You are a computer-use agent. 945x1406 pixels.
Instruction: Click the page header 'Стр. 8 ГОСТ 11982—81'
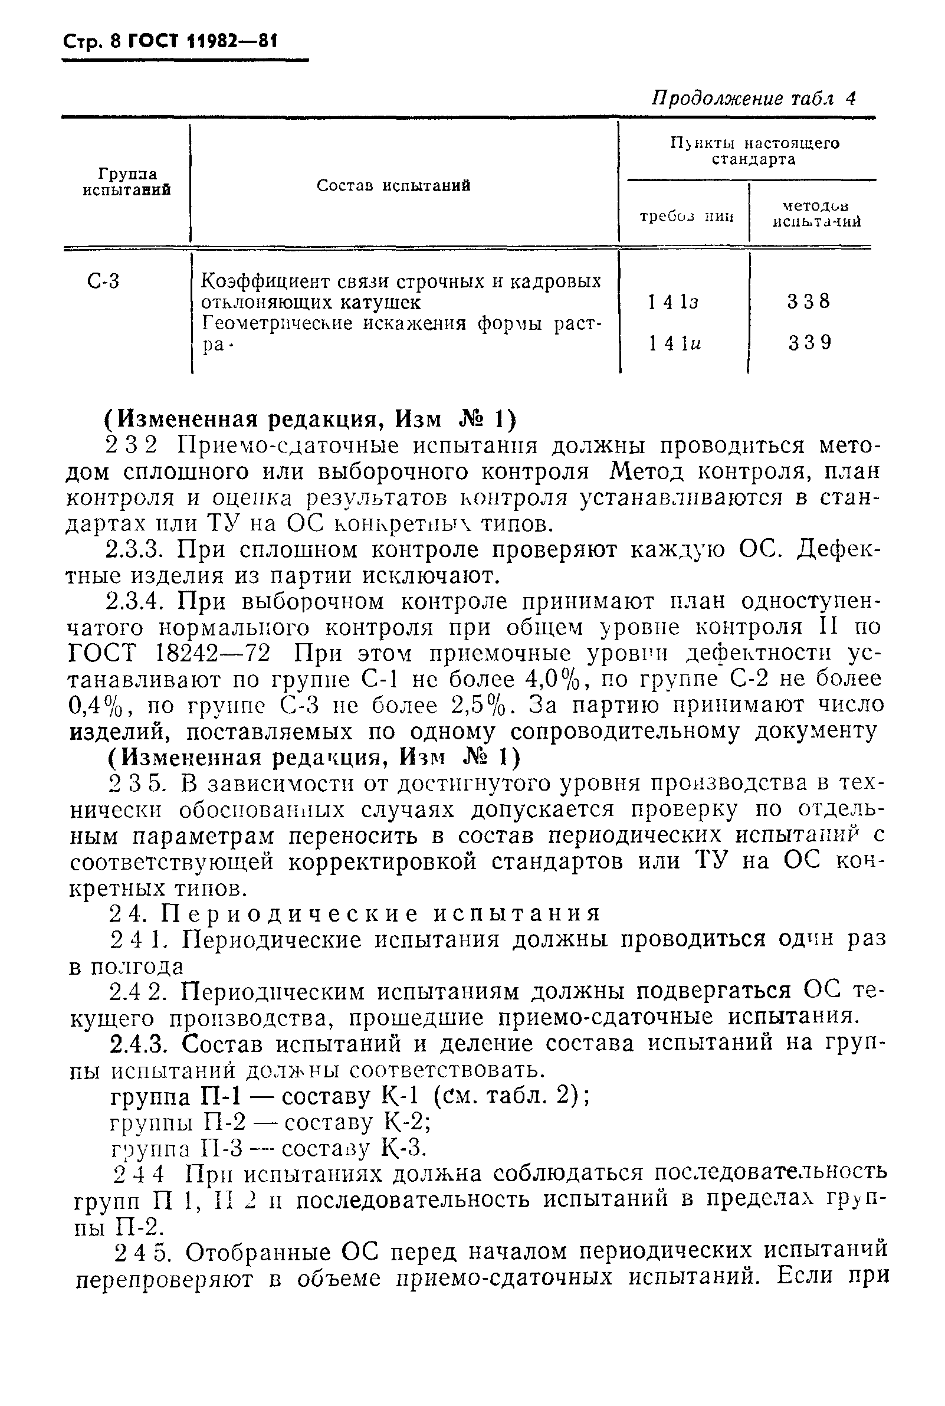click(170, 43)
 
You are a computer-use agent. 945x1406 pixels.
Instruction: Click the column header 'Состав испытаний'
click(393, 186)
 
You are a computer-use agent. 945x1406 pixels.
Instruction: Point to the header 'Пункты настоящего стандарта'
click(754, 151)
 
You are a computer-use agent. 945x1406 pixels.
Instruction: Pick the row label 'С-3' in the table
click(104, 281)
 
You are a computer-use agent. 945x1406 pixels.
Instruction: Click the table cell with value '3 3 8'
click(808, 301)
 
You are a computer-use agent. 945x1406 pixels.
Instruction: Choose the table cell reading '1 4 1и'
click(675, 343)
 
